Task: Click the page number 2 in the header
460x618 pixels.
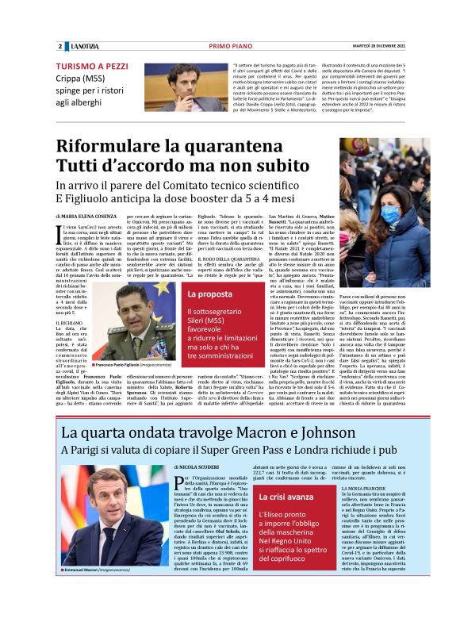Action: [59, 47]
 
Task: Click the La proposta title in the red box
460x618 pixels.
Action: [209, 294]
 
